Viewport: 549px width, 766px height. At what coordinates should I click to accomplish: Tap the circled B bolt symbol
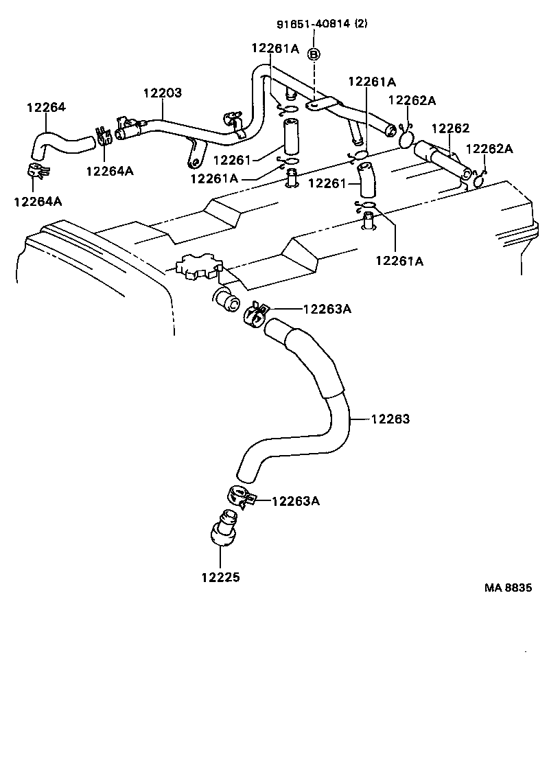pos(314,54)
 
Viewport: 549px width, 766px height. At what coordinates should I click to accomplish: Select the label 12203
pos(163,93)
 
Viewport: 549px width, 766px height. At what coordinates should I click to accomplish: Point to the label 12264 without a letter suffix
pos(46,107)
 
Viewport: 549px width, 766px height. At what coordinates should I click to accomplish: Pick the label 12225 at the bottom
pos(221,577)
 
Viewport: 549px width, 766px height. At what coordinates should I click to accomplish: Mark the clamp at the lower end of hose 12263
pos(238,497)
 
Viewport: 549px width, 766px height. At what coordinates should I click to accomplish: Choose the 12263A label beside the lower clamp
pos(296,500)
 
